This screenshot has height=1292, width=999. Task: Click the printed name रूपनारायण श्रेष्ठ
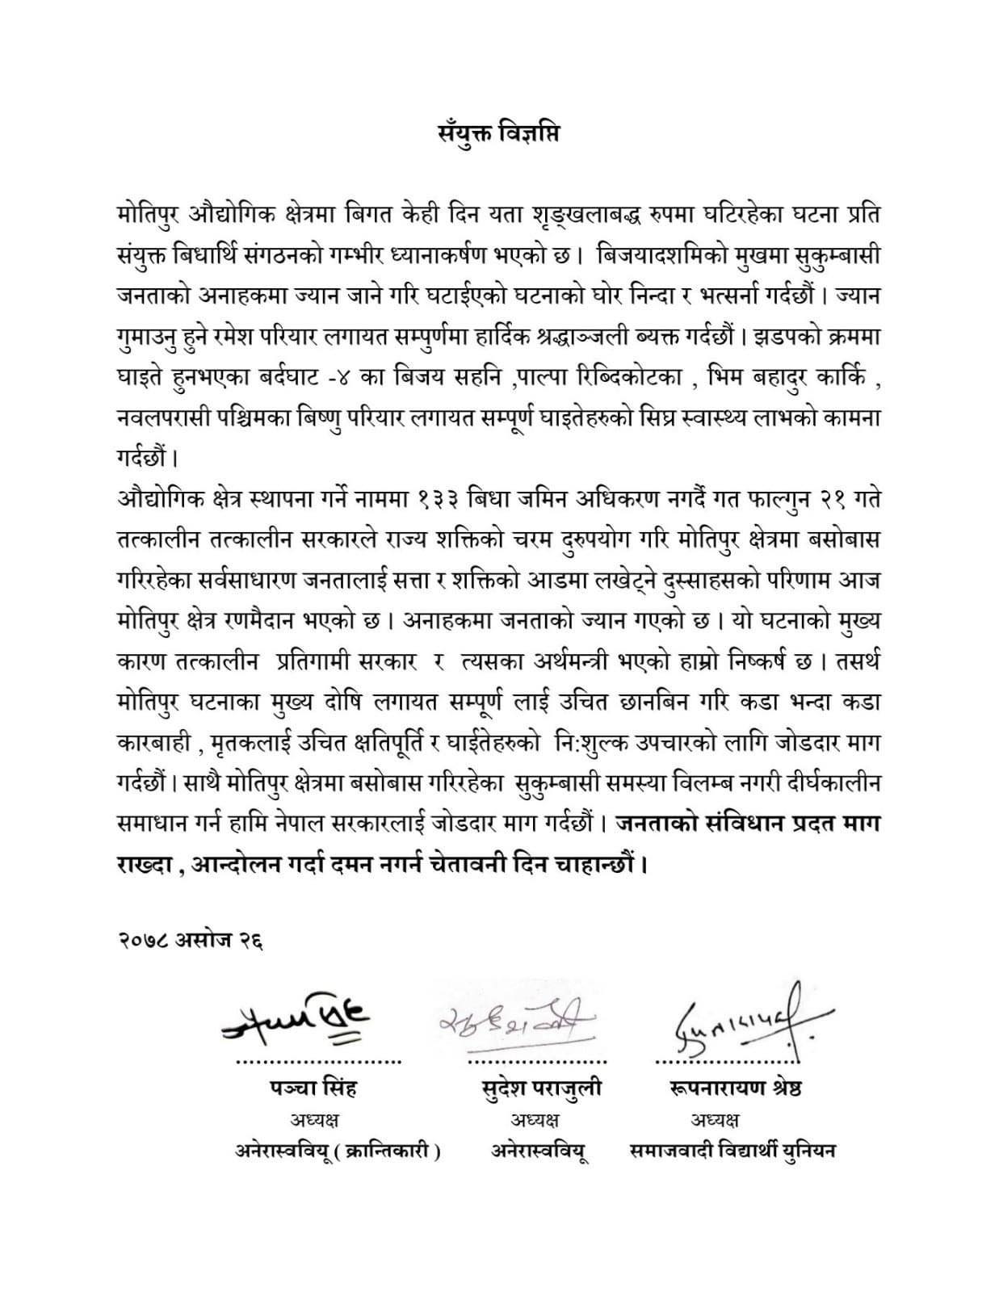pyautogui.click(x=735, y=1089)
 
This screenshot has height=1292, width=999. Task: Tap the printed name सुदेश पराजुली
pyautogui.click(x=539, y=1089)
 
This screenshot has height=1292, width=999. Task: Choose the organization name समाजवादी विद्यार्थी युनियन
pyautogui.click(x=732, y=1151)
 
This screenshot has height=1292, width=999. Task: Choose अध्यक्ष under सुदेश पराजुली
pyautogui.click(x=535, y=1120)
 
